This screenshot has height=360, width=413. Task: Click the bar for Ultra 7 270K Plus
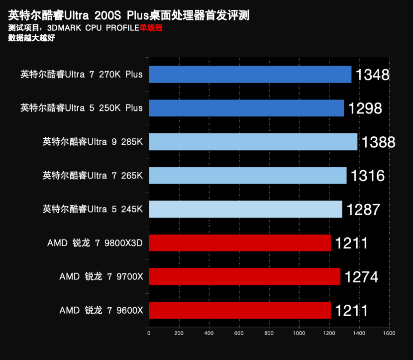(250, 75)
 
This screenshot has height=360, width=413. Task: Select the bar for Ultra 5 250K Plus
(246, 108)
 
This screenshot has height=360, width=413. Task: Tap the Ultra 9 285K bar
(253, 142)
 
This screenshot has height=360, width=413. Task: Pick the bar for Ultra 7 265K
(247, 176)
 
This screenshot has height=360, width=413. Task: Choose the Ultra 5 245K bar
(245, 209)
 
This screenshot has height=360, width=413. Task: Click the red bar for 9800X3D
(239, 243)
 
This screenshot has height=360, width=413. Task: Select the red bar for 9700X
(244, 276)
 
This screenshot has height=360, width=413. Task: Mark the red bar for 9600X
(239, 310)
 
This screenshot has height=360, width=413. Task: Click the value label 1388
(378, 143)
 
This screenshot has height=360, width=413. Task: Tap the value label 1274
(361, 277)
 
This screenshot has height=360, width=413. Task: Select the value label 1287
(363, 209)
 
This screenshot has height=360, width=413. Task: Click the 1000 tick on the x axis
(299, 333)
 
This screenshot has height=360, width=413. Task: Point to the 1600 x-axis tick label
(389, 333)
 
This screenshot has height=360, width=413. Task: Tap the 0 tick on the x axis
(149, 333)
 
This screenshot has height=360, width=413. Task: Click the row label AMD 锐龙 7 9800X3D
(95, 243)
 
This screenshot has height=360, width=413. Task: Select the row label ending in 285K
(93, 142)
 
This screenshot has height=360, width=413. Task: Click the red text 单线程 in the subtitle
(151, 28)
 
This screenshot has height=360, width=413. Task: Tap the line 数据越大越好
(31, 38)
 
